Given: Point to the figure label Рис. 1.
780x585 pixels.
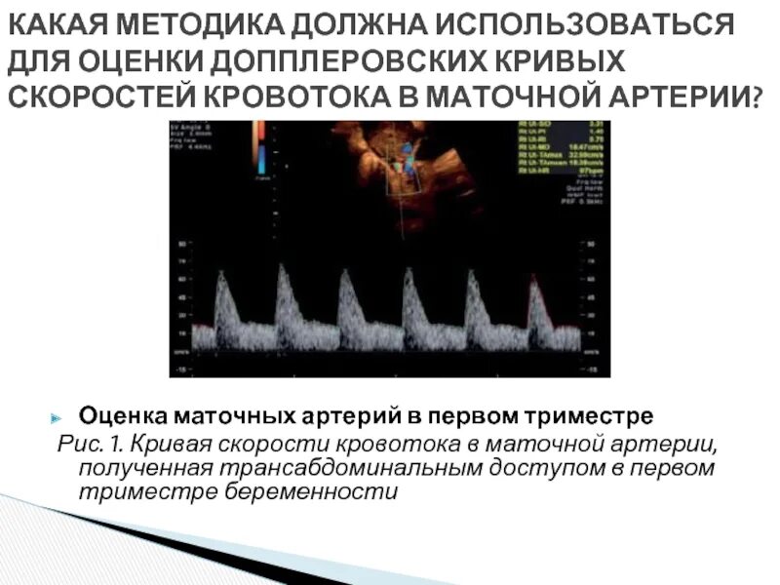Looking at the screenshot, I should pos(93,445).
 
